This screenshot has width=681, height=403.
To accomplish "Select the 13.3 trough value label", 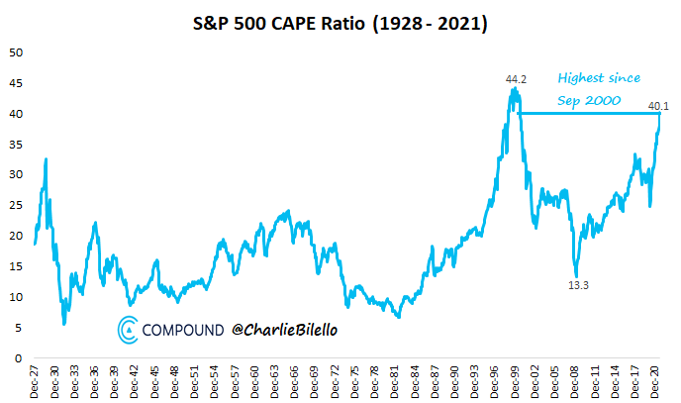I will pyautogui.click(x=579, y=285).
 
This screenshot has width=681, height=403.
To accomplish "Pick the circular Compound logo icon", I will pyautogui.click(x=129, y=329).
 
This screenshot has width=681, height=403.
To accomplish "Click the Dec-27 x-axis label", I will pyautogui.click(x=37, y=380).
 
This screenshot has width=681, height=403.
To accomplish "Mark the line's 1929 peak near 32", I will pyautogui.click(x=46, y=158).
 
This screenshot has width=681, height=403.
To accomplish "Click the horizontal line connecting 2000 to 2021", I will pyautogui.click(x=589, y=113).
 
